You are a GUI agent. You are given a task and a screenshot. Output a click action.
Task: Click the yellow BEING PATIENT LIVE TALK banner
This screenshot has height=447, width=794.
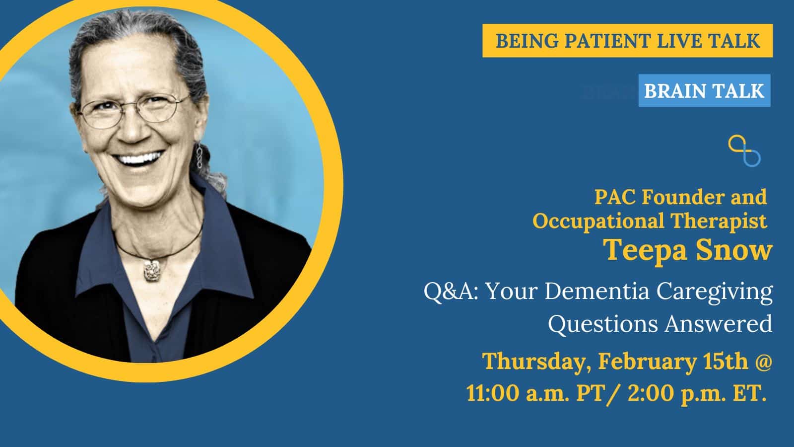coord(627,40)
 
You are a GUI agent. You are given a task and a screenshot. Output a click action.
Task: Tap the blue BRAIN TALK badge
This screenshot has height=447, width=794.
coord(704,90)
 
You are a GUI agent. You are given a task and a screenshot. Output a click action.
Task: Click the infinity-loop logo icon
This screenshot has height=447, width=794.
coord(744,151)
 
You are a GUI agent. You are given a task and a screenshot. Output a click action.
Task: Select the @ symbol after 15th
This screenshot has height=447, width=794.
coord(762,362)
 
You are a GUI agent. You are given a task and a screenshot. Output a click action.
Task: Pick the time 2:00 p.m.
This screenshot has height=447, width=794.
coord(673,394)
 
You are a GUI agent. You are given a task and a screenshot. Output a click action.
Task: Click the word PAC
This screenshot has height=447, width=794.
coord(616,197)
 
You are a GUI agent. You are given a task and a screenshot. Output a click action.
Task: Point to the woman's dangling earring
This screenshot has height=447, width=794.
coord(200,156)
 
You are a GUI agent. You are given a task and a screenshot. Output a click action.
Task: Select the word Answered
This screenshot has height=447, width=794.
coord(719,323)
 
